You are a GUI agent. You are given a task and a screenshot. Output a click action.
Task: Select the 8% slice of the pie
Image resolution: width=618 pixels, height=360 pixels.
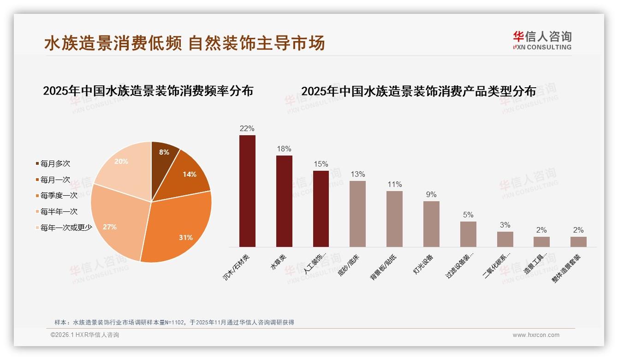point(164,155)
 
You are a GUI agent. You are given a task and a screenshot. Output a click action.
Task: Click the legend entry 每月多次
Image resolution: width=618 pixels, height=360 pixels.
point(55,163)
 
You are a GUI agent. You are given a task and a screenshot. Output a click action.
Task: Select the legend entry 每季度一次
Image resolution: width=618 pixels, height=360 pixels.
point(59,195)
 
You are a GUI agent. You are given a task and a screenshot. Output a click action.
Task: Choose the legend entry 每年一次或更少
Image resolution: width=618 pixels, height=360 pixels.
point(66,227)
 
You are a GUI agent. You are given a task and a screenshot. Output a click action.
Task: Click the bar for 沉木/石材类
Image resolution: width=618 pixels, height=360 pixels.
point(247,191)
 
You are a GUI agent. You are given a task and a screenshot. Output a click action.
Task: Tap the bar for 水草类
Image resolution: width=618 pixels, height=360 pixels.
point(284,201)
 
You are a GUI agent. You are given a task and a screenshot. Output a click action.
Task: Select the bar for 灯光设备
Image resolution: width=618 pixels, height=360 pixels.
point(431,224)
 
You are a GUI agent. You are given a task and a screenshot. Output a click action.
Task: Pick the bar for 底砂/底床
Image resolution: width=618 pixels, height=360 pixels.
point(357,214)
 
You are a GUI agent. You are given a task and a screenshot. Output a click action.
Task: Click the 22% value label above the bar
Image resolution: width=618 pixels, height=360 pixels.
point(247,129)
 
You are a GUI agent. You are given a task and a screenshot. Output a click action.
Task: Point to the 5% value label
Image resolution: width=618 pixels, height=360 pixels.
point(468,215)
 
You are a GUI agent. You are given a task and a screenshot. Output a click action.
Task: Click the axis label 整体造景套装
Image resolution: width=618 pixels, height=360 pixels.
point(567,268)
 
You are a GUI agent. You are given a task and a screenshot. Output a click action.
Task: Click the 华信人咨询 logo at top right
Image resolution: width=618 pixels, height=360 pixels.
point(542,40)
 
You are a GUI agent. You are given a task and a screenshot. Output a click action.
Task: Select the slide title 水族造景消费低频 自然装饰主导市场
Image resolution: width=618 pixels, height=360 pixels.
point(184,43)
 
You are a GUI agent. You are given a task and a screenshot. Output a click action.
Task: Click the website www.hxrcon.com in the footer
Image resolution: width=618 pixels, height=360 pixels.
point(536,335)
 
